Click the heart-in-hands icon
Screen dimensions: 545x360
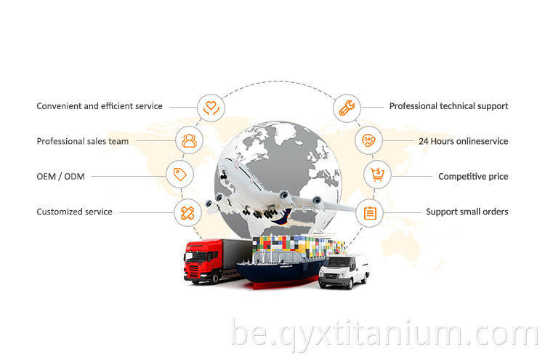tap(211, 108)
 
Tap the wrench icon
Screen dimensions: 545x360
tap(347, 108)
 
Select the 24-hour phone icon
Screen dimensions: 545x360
tap(368, 140)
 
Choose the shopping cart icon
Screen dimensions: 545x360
tap(377, 175)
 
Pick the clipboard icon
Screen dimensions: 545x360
tap(370, 213)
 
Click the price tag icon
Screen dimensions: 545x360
tap(179, 175)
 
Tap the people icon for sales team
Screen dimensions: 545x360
tap(189, 140)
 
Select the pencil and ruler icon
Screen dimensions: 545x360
tap(187, 213)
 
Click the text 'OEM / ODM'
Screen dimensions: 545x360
tap(60, 176)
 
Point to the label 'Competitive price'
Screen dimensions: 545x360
tap(473, 176)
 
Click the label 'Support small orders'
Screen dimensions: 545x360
tap(467, 212)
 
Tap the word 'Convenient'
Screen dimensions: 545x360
tap(59, 106)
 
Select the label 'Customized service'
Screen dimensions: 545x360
tap(74, 212)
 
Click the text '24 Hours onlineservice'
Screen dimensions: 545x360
tap(464, 141)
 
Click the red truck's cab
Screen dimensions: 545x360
tap(203, 261)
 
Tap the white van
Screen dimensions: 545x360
tap(344, 271)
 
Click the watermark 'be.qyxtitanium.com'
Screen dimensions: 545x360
tap(385, 333)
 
